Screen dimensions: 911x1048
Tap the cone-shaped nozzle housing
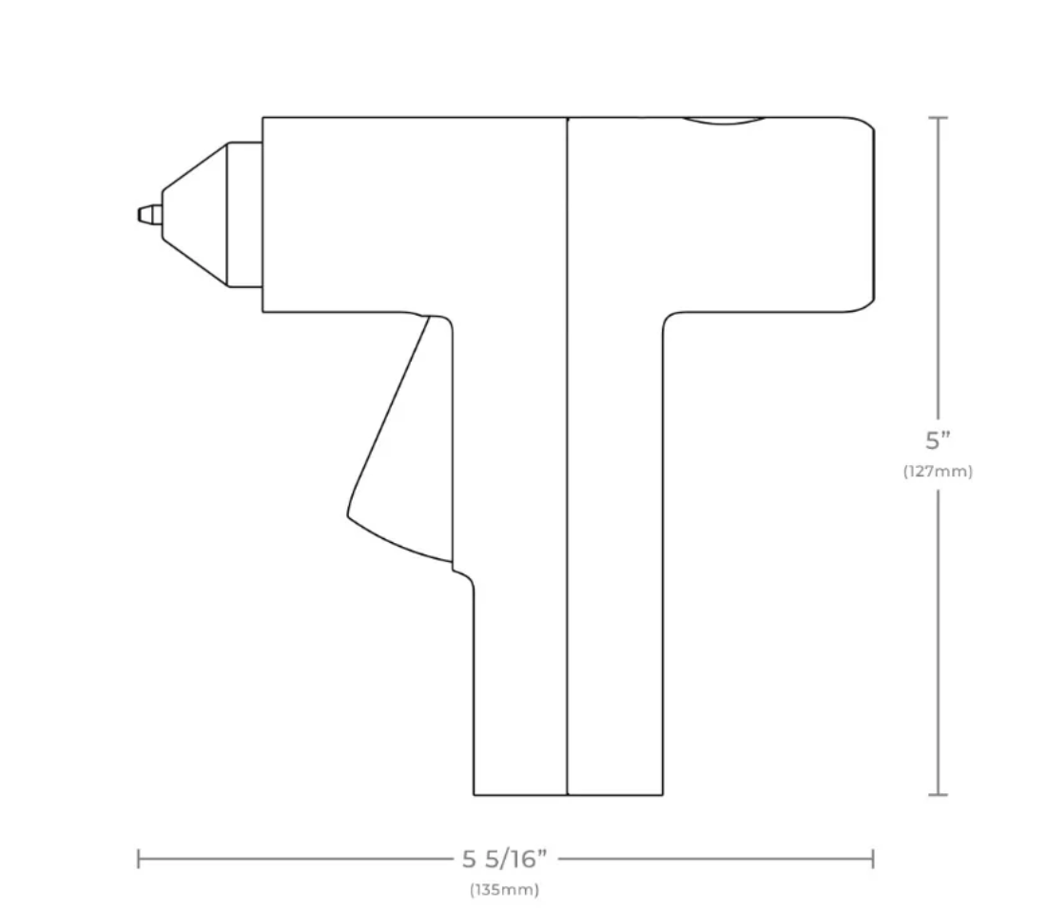coord(194,214)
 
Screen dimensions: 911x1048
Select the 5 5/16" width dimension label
coord(505,860)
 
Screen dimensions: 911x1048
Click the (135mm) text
coord(504,891)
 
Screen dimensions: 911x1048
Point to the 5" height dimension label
coord(938,441)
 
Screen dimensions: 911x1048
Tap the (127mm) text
coord(938,471)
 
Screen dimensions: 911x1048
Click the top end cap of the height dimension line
coord(938,117)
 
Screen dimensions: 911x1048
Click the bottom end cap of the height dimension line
coord(938,794)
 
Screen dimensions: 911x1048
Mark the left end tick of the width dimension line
coord(139,860)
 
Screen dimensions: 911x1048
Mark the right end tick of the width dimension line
coord(873,860)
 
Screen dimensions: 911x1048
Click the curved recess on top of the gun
coord(724,122)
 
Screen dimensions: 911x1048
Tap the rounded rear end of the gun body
coord(869,214)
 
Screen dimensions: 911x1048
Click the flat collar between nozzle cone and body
coord(244,214)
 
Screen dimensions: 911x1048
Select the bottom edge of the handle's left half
coord(520,794)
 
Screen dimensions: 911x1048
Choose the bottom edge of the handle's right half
coord(614,794)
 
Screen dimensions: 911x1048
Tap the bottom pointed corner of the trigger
coord(349,514)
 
